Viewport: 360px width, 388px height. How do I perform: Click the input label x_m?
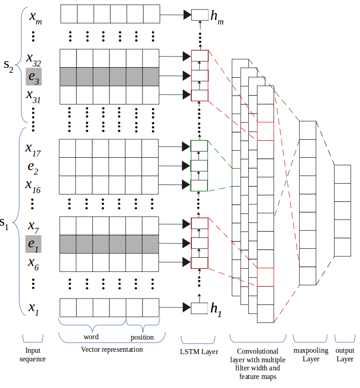pyautogui.click(x=36, y=18)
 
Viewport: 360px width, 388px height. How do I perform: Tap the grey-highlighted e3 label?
pyautogui.click(x=33, y=77)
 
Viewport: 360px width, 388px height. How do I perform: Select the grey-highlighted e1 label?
pyautogui.click(x=33, y=244)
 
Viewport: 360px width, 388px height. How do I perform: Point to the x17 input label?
pyautogui.click(x=33, y=150)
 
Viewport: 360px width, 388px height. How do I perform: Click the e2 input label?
pyautogui.click(x=33, y=168)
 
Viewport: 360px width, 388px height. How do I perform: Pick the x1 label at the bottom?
pyautogui.click(x=33, y=308)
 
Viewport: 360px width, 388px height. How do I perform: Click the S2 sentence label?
pyautogui.click(x=9, y=66)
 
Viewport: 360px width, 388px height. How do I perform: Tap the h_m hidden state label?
pyautogui.click(x=217, y=17)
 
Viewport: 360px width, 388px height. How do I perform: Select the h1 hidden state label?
pyautogui.click(x=216, y=309)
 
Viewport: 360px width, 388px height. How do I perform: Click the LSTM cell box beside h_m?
pyautogui.click(x=200, y=15)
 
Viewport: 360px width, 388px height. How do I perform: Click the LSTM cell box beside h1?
pyautogui.click(x=199, y=308)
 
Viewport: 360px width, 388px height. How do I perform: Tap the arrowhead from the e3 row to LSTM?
pyautogui.click(x=187, y=76)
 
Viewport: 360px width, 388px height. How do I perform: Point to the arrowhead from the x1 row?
pyautogui.click(x=187, y=308)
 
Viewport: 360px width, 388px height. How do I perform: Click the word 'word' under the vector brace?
pyautogui.click(x=91, y=337)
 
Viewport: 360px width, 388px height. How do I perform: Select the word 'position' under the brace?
pyautogui.click(x=142, y=337)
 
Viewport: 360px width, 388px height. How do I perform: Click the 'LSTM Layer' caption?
pyautogui.click(x=199, y=352)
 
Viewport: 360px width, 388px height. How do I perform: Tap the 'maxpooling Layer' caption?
pyautogui.click(x=311, y=355)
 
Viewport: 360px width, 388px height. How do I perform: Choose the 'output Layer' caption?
pyautogui.click(x=345, y=355)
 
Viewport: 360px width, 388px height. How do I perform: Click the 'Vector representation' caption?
pyautogui.click(x=112, y=350)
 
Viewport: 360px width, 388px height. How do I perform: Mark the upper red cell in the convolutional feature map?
pyautogui.click(x=265, y=131)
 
